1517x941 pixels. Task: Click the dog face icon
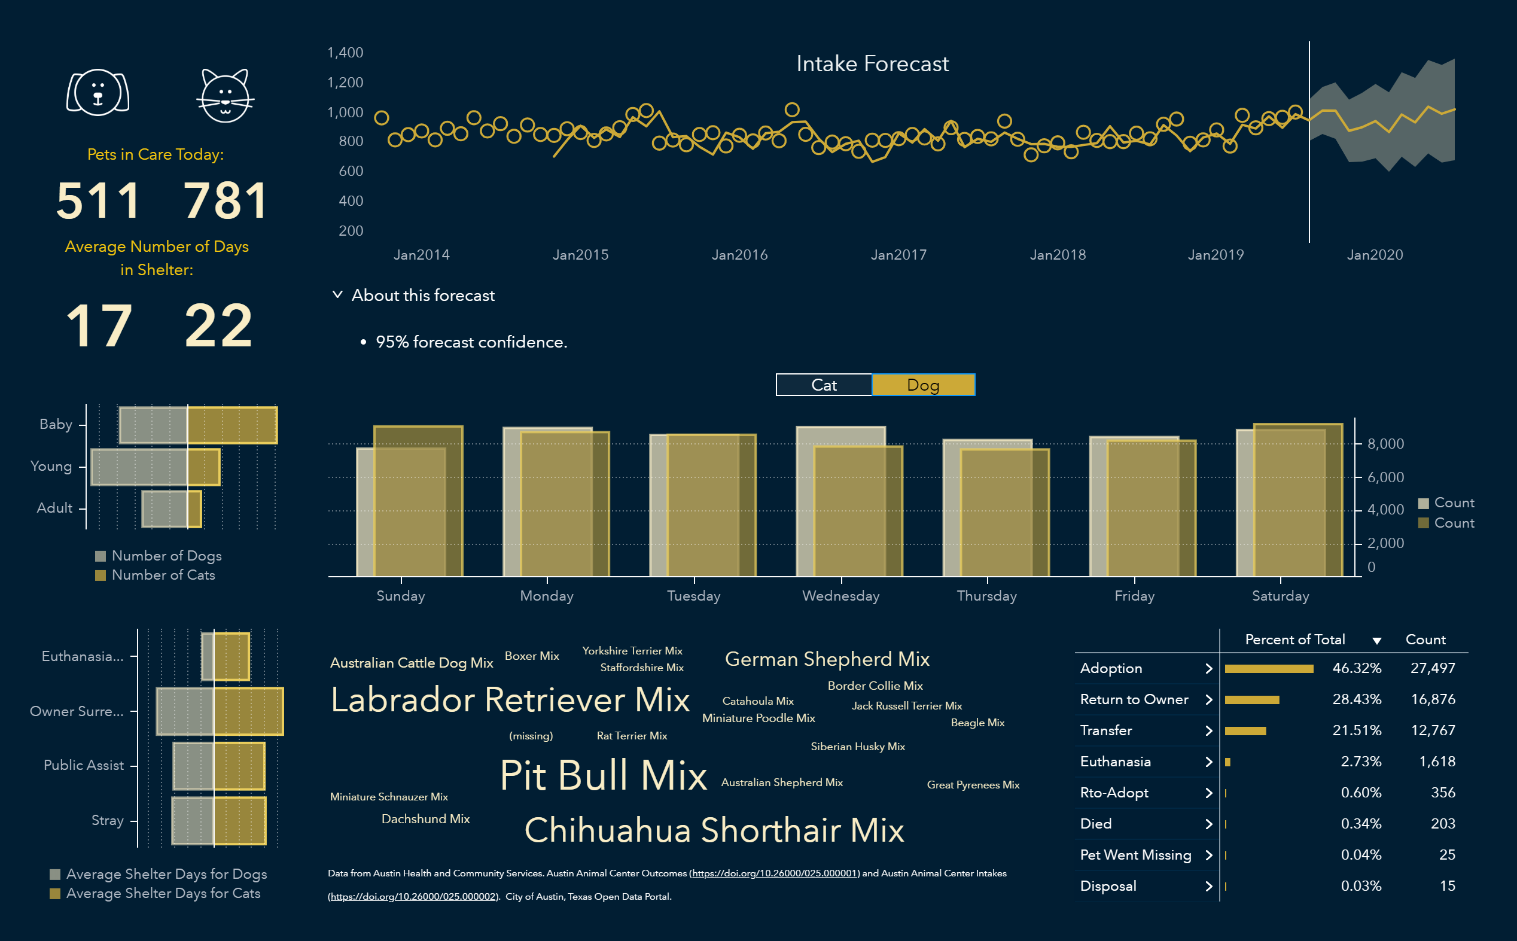98,93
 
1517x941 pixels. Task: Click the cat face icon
226,95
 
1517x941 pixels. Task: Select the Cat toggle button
824,385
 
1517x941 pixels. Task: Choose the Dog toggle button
923,385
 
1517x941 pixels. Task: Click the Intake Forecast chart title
872,63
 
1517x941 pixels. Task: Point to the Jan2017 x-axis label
898,255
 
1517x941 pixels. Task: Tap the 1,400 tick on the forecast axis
345,53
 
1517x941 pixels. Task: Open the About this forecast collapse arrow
337,294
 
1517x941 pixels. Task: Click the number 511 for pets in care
98,200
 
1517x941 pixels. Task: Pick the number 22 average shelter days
218,325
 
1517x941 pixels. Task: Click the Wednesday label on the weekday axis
840,596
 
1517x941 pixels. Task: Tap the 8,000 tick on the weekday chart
1385,444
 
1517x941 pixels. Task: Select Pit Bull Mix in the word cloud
603,775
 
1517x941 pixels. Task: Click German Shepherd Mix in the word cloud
827,659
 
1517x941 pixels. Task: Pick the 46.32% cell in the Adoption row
1357,668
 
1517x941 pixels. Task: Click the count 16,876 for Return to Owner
1433,699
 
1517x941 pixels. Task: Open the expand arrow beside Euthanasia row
1208,762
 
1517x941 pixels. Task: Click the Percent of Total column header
1294,639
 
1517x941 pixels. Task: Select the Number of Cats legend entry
163,575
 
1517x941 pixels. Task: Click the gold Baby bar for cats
232,425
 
